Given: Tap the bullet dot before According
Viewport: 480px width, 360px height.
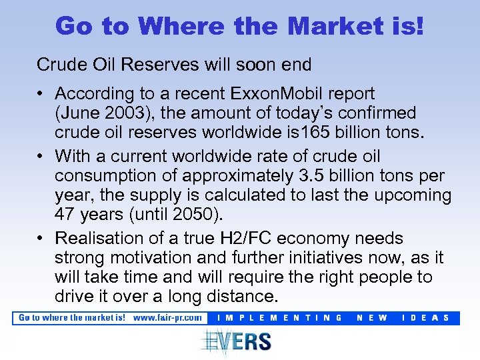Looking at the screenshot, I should (41, 95).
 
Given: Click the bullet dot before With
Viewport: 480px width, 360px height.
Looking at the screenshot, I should (41, 157).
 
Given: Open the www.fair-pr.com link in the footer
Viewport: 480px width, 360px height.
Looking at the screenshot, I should (167, 318).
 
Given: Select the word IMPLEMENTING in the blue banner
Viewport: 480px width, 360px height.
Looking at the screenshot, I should (280, 318).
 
